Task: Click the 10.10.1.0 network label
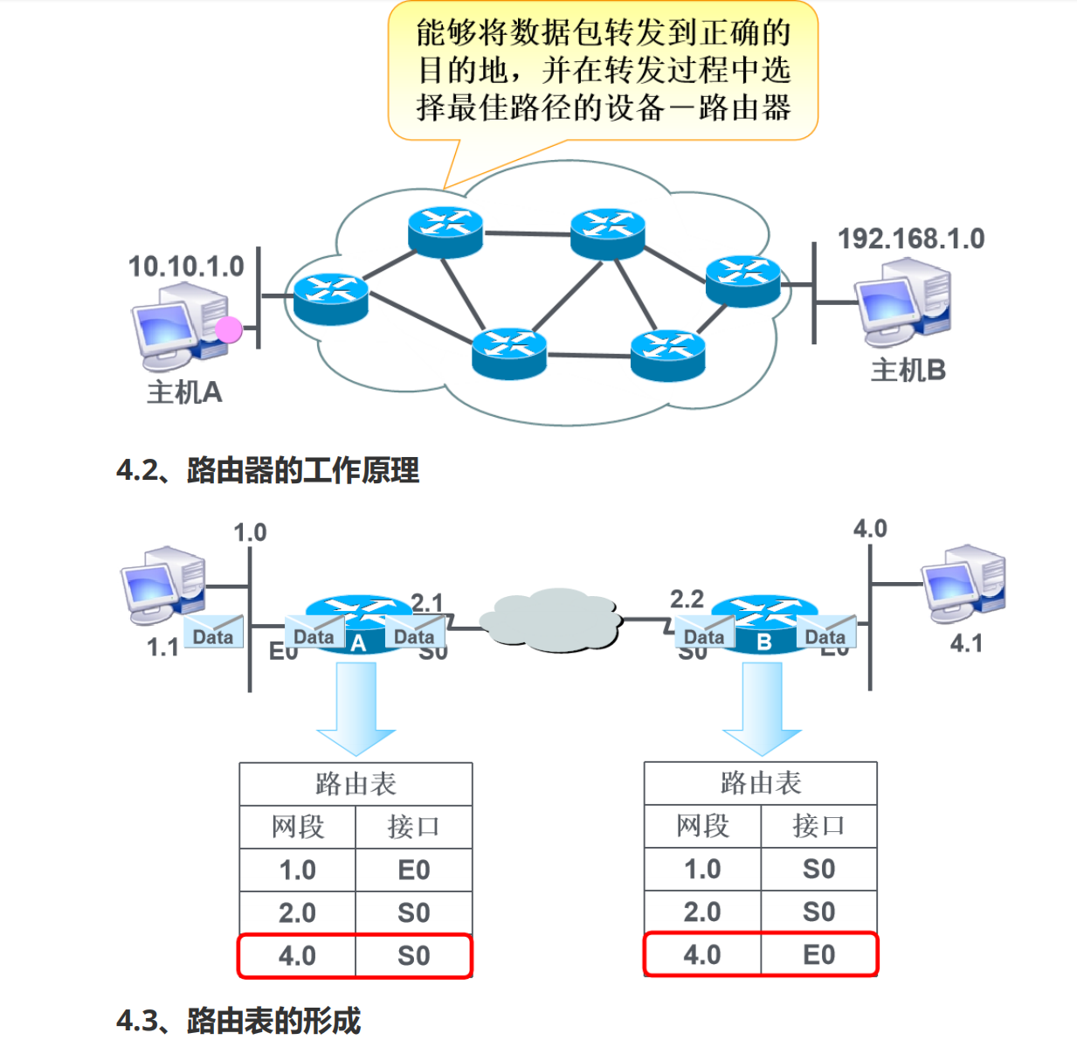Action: point(186,267)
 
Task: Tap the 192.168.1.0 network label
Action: point(910,239)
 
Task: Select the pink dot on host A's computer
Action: point(229,329)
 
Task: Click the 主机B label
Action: point(908,371)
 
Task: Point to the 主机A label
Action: point(184,392)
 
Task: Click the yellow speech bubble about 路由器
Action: point(603,70)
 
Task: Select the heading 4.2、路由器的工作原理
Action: point(268,470)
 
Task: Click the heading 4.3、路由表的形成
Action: point(238,1020)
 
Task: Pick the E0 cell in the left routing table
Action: point(413,870)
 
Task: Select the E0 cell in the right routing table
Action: point(818,955)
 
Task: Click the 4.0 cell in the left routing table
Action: point(297,956)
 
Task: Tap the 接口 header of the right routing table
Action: point(818,826)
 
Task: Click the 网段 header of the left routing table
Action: point(297,827)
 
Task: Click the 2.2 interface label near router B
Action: point(687,599)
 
